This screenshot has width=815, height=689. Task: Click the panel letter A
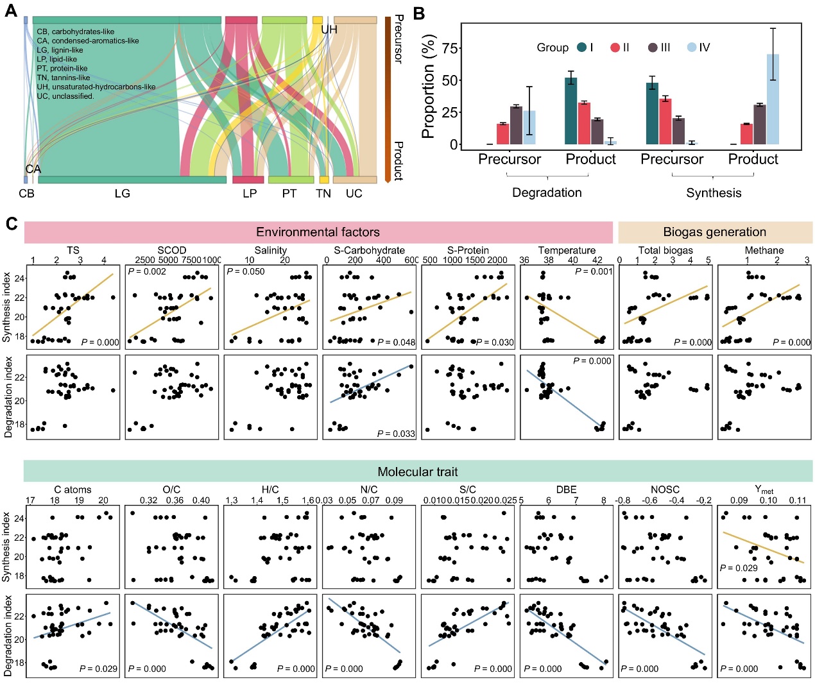(x=11, y=11)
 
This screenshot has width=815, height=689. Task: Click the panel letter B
(x=419, y=13)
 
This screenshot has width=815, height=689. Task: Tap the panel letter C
(x=11, y=224)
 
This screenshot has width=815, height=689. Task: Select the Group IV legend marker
(x=691, y=47)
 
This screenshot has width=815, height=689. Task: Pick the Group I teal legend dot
(x=582, y=47)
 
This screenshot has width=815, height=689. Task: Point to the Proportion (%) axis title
(x=428, y=88)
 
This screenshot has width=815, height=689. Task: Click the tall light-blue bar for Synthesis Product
(x=773, y=99)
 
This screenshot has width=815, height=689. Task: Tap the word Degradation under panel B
(x=547, y=192)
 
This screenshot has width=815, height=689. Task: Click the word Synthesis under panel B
(x=714, y=192)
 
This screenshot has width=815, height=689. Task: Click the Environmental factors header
(x=318, y=232)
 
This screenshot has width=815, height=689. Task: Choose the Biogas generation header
(x=714, y=232)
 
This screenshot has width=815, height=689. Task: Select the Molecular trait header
(x=418, y=472)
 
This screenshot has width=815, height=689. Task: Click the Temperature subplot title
(x=567, y=250)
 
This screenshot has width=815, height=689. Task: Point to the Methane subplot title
(x=764, y=250)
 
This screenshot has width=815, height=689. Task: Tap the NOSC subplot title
(x=664, y=489)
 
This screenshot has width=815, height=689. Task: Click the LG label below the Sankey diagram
(x=122, y=193)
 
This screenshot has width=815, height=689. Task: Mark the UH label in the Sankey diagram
(x=329, y=30)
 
